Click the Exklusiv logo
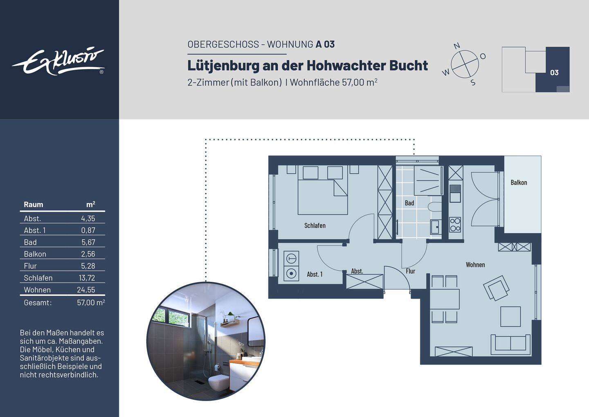58,62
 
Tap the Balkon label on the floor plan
519,183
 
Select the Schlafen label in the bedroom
315,226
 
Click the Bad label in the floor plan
409,203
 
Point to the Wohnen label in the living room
475,265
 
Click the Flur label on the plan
410,271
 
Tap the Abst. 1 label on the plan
315,274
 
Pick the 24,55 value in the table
86,290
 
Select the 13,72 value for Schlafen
87,278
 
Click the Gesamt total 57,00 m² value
91,303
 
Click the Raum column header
33,205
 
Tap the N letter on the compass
457,46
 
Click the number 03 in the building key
554,73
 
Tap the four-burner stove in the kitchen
455,224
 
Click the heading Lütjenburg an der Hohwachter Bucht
308,66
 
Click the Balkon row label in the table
35,254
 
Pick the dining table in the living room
445,299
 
